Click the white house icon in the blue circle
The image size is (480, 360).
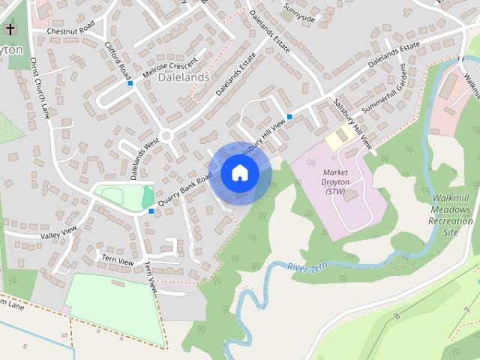tap(239, 173)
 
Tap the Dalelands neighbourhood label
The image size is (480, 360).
tap(184, 76)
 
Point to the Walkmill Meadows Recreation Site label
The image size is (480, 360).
tap(451, 215)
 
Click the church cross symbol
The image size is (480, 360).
tap(10, 29)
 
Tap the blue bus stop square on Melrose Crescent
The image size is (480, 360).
tap(130, 83)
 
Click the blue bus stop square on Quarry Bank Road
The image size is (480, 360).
tap(151, 211)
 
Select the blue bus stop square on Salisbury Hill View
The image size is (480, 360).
tap(289, 116)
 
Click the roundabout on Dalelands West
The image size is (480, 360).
tap(166, 136)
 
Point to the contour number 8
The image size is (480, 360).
tap(397, 316)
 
